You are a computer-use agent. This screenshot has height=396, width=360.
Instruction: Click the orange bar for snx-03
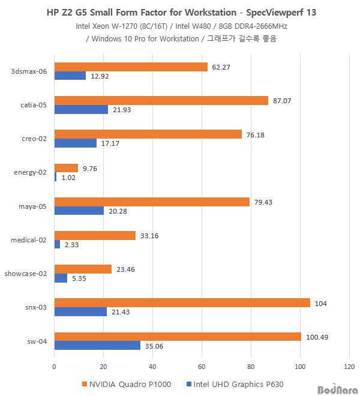[182, 303]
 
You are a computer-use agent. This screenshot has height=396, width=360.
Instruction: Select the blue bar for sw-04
[97, 346]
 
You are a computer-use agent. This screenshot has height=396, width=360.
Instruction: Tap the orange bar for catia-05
[161, 101]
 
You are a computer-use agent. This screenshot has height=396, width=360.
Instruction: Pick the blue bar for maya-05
[79, 211]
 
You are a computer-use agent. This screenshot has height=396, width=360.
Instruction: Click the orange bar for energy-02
[66, 169]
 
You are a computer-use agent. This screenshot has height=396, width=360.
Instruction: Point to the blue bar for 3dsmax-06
[70, 76]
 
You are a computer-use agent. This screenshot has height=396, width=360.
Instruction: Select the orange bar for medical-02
[95, 236]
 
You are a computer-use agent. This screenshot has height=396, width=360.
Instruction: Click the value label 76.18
[256, 134]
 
